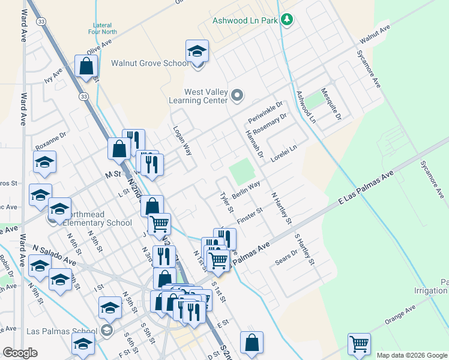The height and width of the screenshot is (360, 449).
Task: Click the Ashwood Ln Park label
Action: pos(245,20)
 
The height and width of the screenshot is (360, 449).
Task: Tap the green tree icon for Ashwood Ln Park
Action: pos(288,20)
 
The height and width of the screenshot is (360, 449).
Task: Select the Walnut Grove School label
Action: pos(150,63)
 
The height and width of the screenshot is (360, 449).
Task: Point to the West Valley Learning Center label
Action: pos(206,96)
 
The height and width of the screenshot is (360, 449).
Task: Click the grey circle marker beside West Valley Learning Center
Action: pos(238,95)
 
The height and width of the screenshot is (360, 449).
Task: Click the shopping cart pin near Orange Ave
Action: pos(358,344)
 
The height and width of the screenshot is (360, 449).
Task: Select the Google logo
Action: pos(19,353)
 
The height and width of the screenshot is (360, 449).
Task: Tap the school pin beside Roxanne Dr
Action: pos(44,162)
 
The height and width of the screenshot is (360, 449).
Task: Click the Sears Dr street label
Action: pos(285,256)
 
